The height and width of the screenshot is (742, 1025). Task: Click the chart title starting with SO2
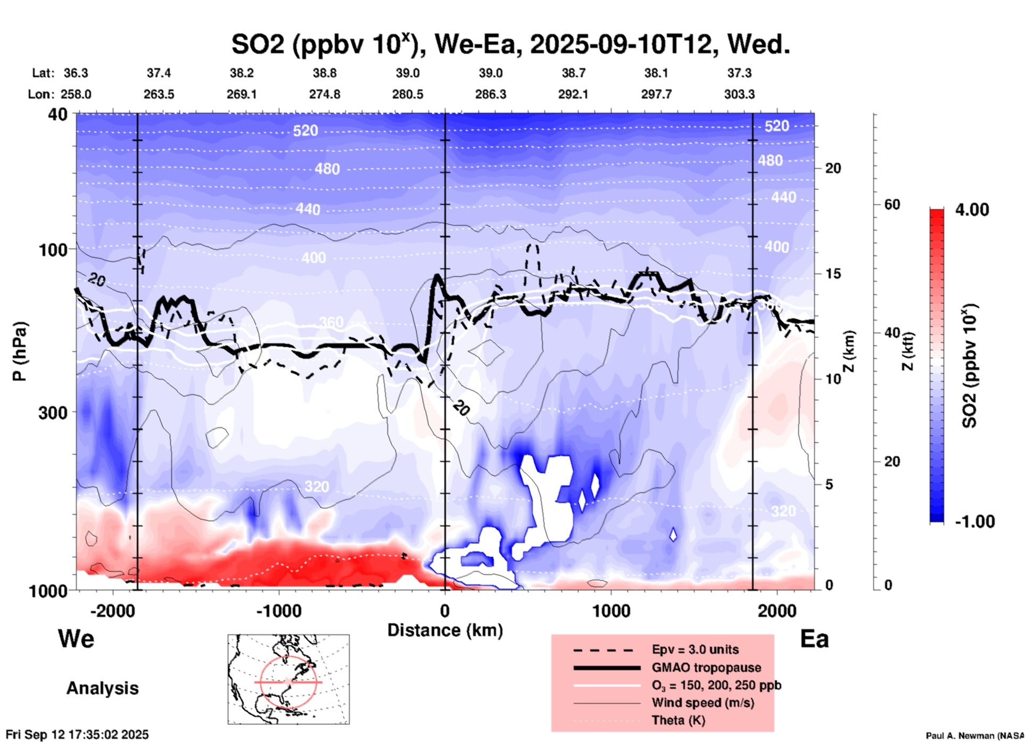(510, 44)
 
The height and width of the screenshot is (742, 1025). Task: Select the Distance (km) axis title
(445, 630)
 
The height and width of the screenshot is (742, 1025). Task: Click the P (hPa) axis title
(20, 351)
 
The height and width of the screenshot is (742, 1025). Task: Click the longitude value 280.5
(408, 94)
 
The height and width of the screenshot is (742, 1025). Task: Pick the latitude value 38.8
(325, 73)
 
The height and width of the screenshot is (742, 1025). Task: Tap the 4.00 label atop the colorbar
(972, 210)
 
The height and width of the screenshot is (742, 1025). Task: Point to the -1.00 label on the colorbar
(974, 522)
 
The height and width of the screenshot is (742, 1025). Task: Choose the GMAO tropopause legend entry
(706, 667)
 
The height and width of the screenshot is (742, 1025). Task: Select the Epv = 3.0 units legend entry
(695, 649)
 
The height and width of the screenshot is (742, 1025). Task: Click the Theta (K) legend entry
(678, 720)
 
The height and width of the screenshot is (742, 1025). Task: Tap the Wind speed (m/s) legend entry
(702, 703)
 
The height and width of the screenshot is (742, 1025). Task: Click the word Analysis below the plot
(102, 688)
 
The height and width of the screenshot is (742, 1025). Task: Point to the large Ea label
(814, 639)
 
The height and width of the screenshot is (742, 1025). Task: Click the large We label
(76, 639)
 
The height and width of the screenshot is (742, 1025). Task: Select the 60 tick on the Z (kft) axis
(892, 204)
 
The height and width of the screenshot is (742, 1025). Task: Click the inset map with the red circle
(288, 679)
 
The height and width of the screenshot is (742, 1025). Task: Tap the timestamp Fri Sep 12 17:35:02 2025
(77, 735)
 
